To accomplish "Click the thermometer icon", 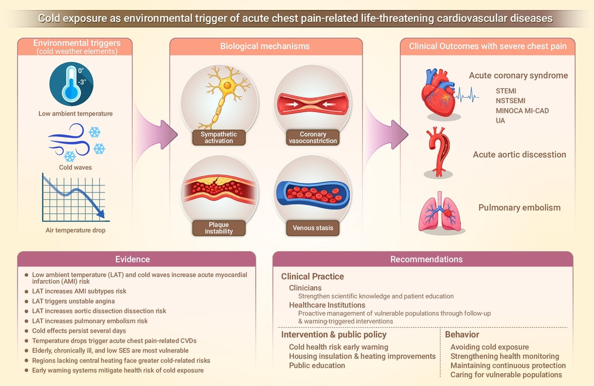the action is [71, 84].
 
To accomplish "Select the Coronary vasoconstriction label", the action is [313, 137].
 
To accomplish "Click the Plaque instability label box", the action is [219, 228].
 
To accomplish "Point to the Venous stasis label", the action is [313, 228].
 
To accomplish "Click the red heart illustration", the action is [439, 93].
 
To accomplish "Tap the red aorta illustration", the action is [439, 151].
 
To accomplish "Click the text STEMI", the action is [505, 91].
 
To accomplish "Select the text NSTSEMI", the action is [510, 101].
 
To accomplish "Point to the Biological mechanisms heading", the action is [265, 46].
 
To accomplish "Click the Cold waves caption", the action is [76, 167].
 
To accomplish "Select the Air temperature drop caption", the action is [76, 231].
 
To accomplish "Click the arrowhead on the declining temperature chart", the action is [100, 214].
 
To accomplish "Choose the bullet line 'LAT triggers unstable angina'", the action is [73, 301].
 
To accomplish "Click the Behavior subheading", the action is [462, 334].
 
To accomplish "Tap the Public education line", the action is [317, 365].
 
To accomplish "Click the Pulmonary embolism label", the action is [520, 208].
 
